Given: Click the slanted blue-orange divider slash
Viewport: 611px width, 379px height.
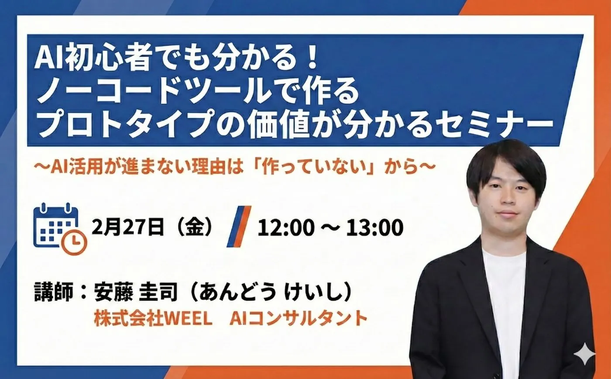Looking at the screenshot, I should pos(239,226).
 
